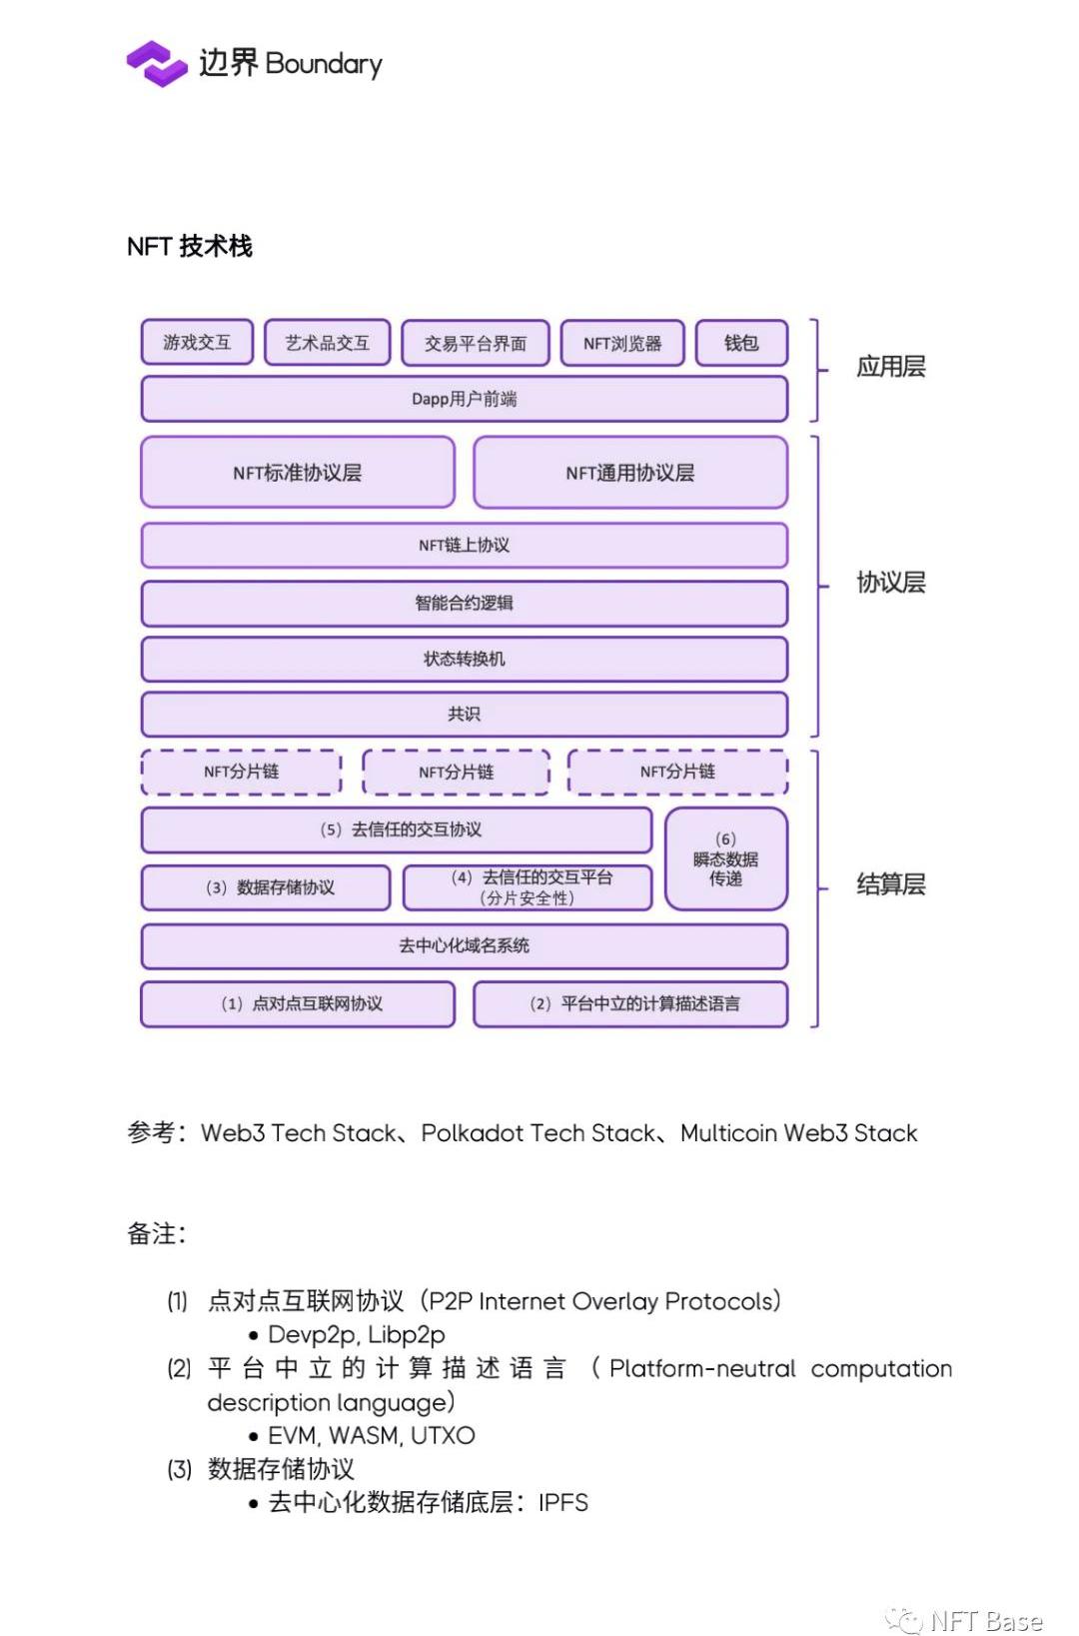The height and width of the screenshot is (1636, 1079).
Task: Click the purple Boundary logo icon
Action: (x=157, y=64)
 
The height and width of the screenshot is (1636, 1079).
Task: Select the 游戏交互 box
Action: (x=197, y=343)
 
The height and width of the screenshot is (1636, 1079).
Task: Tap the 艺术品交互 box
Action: (x=327, y=343)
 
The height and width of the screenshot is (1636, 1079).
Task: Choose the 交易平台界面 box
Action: (x=476, y=344)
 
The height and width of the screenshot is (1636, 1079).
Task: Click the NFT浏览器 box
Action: (x=622, y=344)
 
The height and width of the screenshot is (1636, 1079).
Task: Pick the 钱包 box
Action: (x=741, y=344)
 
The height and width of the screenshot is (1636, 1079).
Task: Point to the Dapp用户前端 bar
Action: (x=465, y=399)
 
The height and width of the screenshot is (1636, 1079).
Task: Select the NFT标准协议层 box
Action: (x=298, y=473)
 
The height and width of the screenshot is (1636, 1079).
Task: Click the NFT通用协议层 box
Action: (x=630, y=473)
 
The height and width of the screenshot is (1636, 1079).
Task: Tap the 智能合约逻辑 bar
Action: (x=465, y=603)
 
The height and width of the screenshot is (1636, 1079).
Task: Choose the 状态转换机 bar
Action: (x=465, y=659)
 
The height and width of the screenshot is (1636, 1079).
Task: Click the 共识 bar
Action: (x=465, y=715)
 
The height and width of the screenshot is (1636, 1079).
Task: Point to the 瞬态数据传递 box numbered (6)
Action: (x=726, y=859)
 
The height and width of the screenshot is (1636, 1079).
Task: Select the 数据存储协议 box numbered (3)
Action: (x=266, y=887)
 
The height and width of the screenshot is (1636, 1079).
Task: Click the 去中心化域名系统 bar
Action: (x=465, y=945)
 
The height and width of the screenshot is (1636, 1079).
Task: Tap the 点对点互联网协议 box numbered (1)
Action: (x=298, y=1003)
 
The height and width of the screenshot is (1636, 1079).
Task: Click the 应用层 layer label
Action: (x=891, y=367)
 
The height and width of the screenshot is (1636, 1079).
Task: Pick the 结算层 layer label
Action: (x=891, y=884)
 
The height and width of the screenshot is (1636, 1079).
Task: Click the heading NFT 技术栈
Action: (x=190, y=246)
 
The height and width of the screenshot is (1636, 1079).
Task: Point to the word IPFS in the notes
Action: (x=563, y=1502)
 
